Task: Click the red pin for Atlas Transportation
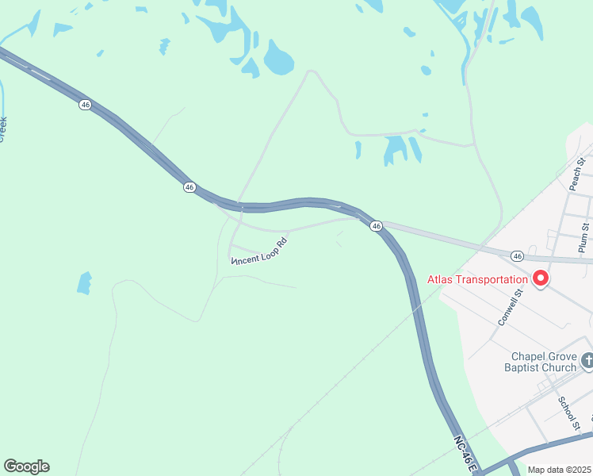click(x=541, y=278)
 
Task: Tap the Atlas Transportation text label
click(x=477, y=279)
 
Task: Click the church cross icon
click(x=587, y=361)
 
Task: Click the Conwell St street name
click(x=511, y=307)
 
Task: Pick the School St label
click(x=568, y=410)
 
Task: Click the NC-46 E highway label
click(x=465, y=454)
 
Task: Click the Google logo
click(x=26, y=466)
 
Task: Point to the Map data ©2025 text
click(x=559, y=470)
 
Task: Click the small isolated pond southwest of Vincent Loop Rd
click(x=84, y=282)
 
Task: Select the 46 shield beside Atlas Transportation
click(x=517, y=256)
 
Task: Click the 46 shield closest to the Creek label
click(x=85, y=104)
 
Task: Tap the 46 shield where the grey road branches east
click(x=377, y=226)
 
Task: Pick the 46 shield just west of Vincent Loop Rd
click(x=189, y=186)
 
